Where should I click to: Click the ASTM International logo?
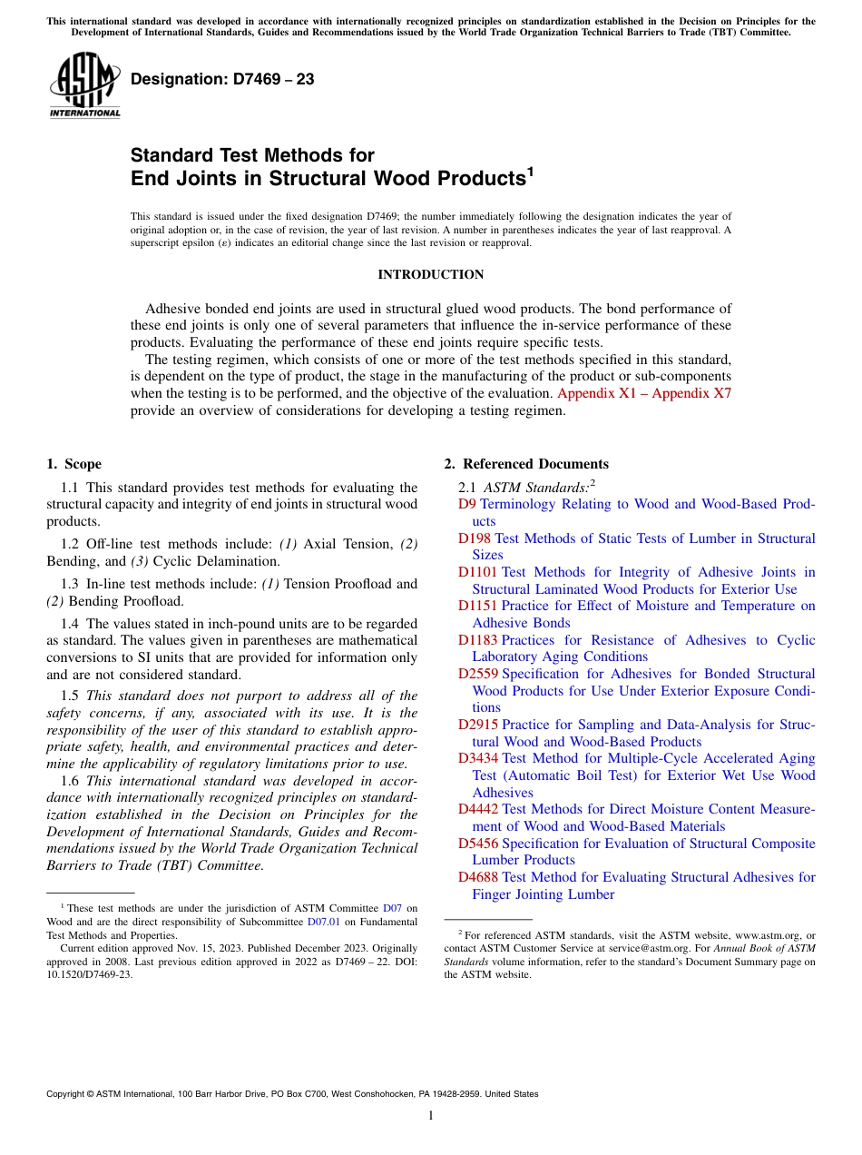84,84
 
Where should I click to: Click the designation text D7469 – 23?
222,79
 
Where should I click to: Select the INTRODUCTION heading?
430,274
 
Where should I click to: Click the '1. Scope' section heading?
74,464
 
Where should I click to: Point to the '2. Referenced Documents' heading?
526,464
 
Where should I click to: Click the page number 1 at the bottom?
431,1115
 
